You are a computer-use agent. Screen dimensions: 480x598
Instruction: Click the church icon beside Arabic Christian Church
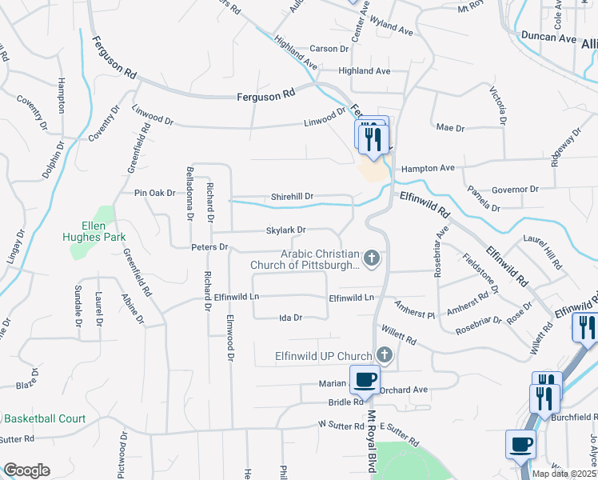pyautogui.click(x=371, y=258)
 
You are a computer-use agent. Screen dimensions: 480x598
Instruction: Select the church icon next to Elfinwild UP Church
pyautogui.click(x=384, y=355)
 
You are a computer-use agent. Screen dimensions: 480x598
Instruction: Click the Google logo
pyautogui.click(x=26, y=470)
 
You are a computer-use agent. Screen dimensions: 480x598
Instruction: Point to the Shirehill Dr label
pyautogui.click(x=292, y=196)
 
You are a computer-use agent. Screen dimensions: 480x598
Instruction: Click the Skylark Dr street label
pyautogui.click(x=286, y=230)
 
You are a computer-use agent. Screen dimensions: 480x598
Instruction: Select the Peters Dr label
pyautogui.click(x=209, y=247)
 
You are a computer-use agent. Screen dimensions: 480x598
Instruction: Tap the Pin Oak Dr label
pyautogui.click(x=154, y=193)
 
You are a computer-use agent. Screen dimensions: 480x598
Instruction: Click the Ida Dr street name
pyautogui.click(x=290, y=318)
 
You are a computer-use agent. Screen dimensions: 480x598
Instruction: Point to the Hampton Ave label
pyautogui.click(x=428, y=168)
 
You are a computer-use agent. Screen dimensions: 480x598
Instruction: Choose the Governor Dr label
pyautogui.click(x=516, y=190)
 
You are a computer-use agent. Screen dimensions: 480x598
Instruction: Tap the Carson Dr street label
pyautogui.click(x=329, y=49)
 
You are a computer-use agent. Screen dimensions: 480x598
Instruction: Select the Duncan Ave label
pyautogui.click(x=548, y=37)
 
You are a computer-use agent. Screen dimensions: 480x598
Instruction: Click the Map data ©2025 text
pyautogui.click(x=564, y=474)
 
